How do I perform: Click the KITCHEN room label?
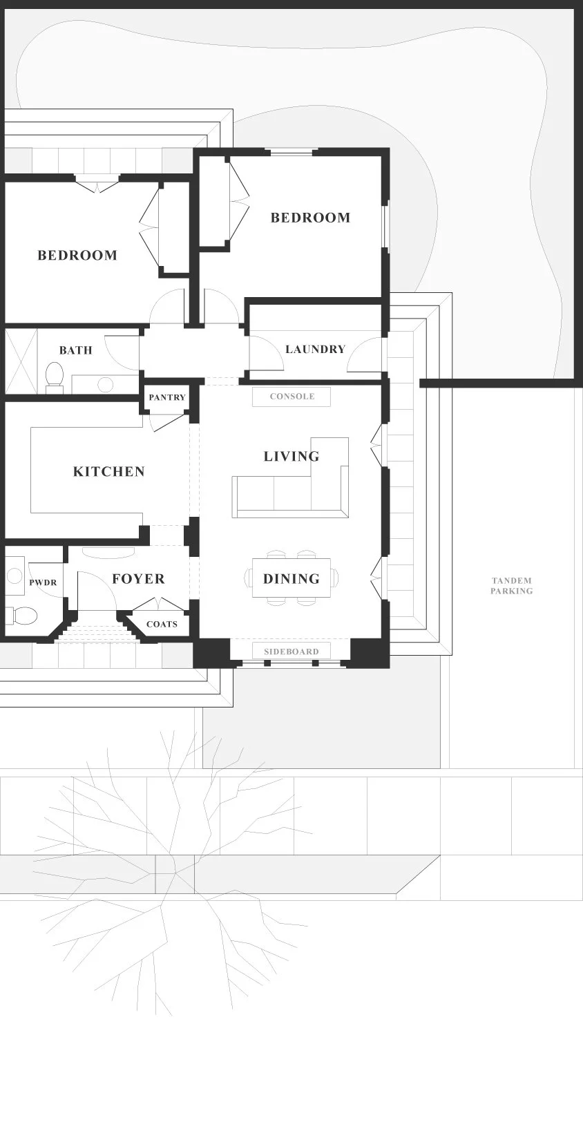tap(109, 472)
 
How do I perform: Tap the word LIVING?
tap(291, 457)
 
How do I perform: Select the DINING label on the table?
tap(291, 579)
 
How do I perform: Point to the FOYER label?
tap(138, 579)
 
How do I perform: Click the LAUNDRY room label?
tap(316, 349)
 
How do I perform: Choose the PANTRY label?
tap(167, 397)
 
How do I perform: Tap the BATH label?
tap(76, 350)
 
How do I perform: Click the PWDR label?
tap(43, 582)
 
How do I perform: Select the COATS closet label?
tap(162, 625)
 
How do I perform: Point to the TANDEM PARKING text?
tap(512, 586)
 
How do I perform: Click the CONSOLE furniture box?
tap(291, 397)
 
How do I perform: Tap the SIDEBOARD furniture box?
tap(291, 651)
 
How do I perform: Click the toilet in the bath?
tap(53, 377)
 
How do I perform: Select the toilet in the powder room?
tap(22, 616)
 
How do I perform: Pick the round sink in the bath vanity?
tap(105, 385)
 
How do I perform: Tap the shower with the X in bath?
tap(21, 361)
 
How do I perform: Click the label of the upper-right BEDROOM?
tap(310, 218)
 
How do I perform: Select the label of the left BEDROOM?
tap(77, 255)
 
